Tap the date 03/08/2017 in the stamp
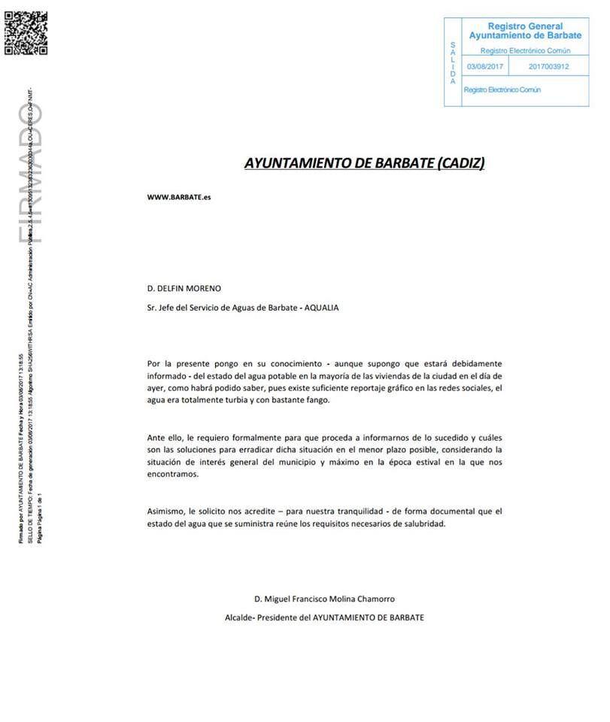[484, 67]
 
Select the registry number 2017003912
[548, 67]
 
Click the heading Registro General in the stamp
[525, 26]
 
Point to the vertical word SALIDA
[452, 63]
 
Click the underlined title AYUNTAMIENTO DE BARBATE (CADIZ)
[365, 162]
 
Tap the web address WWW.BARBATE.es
[179, 198]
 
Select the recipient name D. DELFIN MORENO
[184, 288]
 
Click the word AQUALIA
[321, 308]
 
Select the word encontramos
[173, 475]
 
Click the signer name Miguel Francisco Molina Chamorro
[332, 599]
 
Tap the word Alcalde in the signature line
[240, 617]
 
